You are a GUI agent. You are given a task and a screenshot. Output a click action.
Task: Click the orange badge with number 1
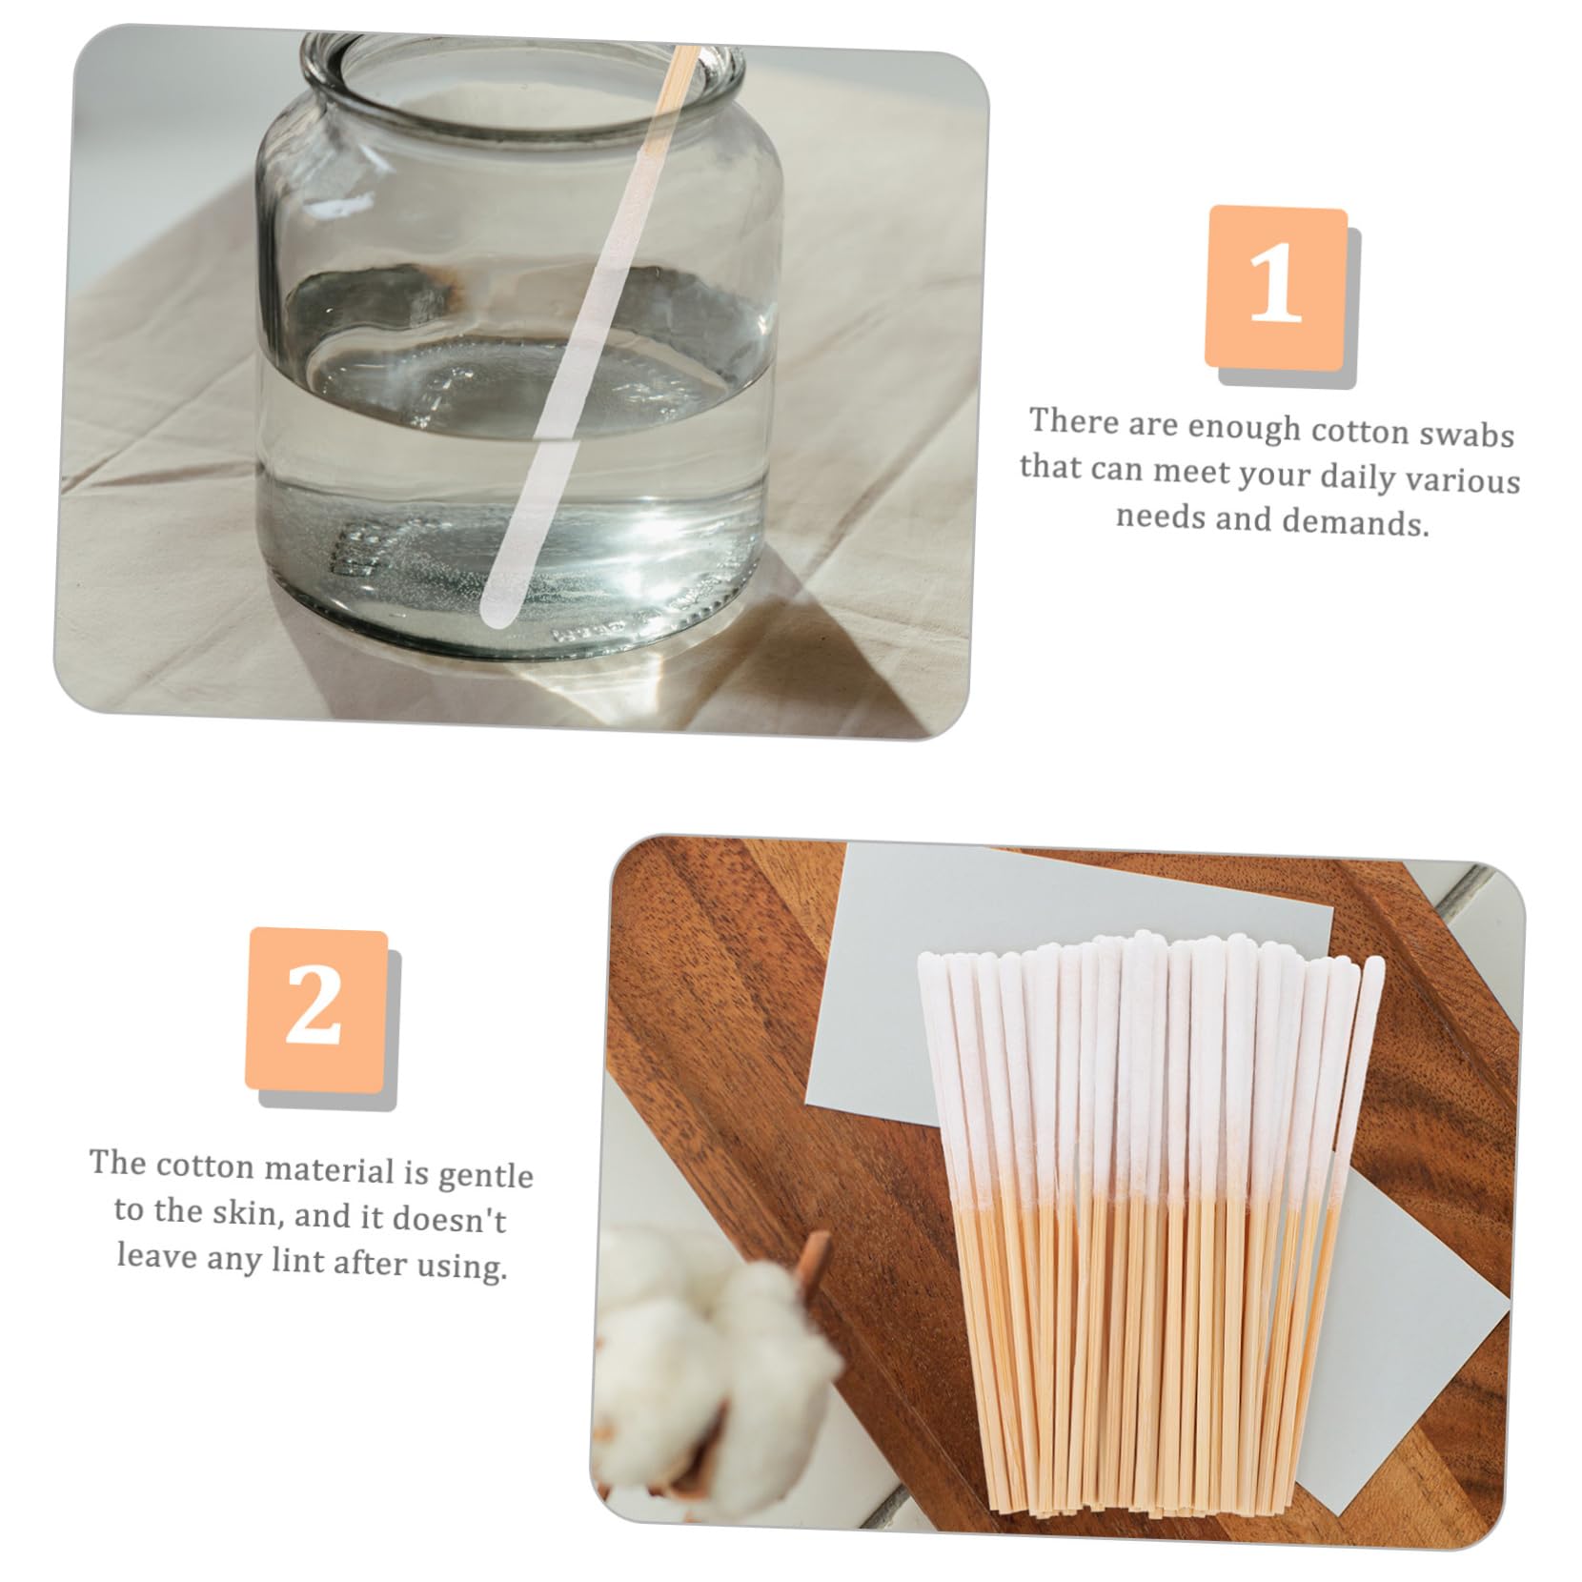click(x=1276, y=287)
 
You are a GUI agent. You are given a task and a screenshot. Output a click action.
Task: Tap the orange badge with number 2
click(x=316, y=1008)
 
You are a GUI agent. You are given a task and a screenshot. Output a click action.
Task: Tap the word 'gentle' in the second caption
click(x=485, y=1175)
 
